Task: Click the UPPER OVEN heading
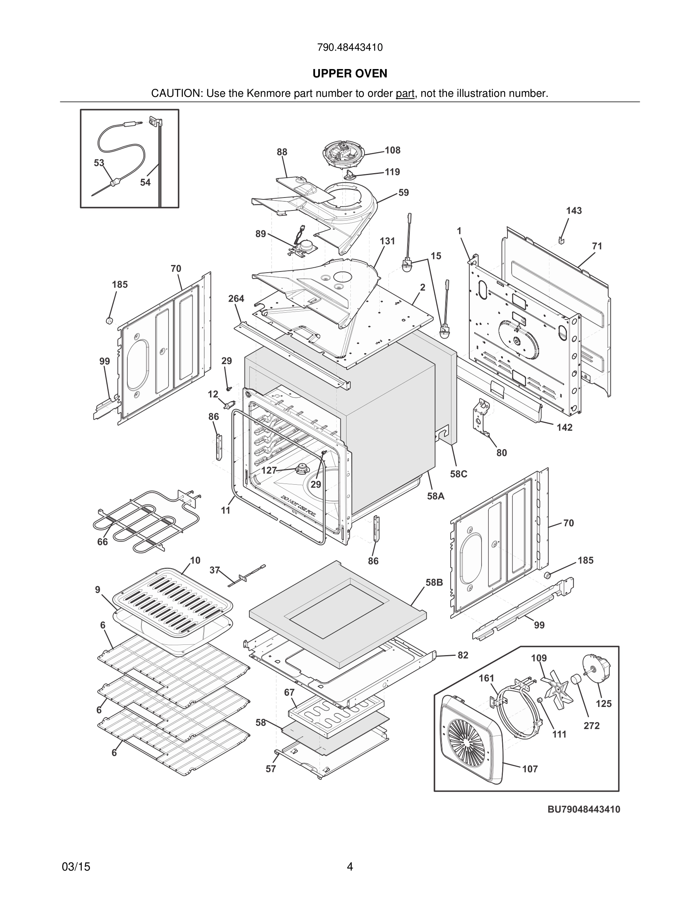[x=350, y=74]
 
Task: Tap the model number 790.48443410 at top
[x=350, y=47]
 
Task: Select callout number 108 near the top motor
[x=392, y=150]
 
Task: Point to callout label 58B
[x=434, y=582]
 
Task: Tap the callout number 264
[x=236, y=299]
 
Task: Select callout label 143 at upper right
[x=574, y=211]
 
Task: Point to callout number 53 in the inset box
[x=99, y=163]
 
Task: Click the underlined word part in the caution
[x=405, y=94]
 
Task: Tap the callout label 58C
[x=459, y=474]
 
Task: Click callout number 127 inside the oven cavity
[x=269, y=471]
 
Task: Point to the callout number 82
[x=463, y=655]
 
